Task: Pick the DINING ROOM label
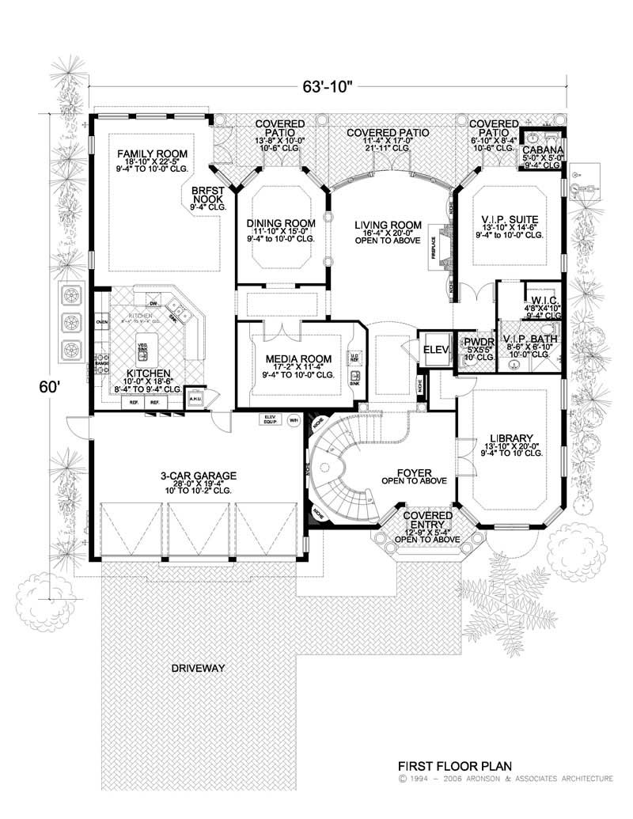pyautogui.click(x=281, y=222)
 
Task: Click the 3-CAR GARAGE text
pyautogui.click(x=197, y=476)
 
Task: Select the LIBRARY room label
pyautogui.click(x=507, y=437)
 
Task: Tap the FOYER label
pyautogui.click(x=413, y=470)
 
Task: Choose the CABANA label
pyautogui.click(x=542, y=149)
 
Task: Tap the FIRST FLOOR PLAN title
pyautogui.click(x=455, y=766)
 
